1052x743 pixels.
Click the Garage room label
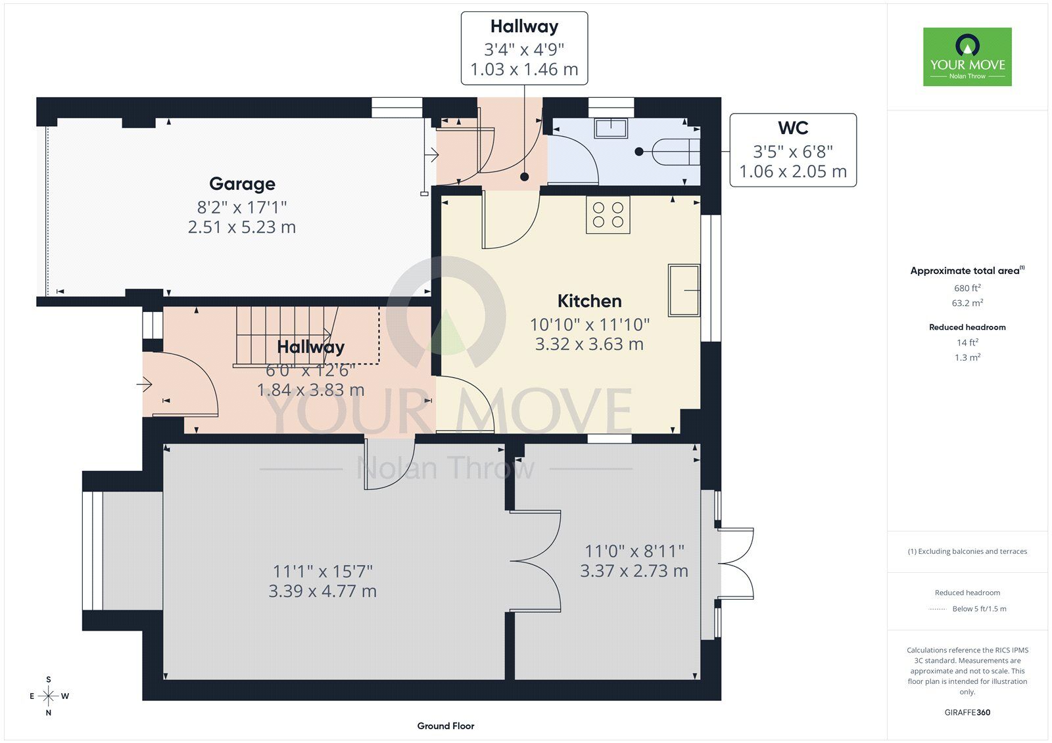(x=242, y=184)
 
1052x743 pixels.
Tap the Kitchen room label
(x=589, y=301)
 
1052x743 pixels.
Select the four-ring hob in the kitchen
(x=608, y=215)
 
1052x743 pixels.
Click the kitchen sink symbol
(x=684, y=290)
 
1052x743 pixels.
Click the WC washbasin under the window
(x=611, y=128)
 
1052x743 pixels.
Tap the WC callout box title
(x=793, y=127)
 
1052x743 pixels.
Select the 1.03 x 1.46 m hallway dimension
(x=524, y=70)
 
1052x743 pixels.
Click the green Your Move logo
(x=967, y=56)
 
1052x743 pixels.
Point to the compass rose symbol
(x=49, y=696)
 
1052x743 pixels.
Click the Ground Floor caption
(x=446, y=726)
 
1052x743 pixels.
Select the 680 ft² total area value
(x=967, y=288)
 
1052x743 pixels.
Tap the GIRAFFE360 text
(x=967, y=712)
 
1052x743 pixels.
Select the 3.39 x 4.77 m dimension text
(x=322, y=591)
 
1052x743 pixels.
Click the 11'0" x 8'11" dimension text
(x=634, y=551)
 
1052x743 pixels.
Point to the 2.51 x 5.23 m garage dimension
(x=242, y=227)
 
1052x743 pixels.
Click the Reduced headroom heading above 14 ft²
(x=967, y=327)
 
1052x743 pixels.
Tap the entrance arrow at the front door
(x=145, y=384)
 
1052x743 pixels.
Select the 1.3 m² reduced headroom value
(x=967, y=357)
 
